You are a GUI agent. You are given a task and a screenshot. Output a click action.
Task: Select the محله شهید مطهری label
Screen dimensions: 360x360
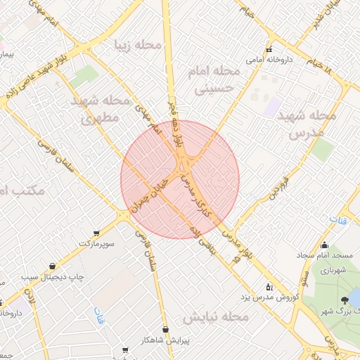(101, 109)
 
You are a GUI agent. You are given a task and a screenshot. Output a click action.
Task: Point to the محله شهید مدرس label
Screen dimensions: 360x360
(307, 123)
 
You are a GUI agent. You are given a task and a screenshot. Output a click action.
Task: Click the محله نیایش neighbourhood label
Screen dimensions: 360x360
(214, 316)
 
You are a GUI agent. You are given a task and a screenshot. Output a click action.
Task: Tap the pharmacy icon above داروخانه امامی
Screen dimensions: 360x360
(269, 50)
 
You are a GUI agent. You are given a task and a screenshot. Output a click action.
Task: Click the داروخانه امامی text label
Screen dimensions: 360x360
(264, 60)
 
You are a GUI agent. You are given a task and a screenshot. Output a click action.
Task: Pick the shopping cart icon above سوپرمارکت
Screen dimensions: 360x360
(96, 233)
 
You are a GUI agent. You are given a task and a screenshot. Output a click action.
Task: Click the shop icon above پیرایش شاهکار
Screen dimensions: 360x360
(165, 329)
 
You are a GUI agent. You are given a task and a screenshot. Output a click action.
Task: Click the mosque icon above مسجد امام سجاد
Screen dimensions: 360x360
(324, 245)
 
